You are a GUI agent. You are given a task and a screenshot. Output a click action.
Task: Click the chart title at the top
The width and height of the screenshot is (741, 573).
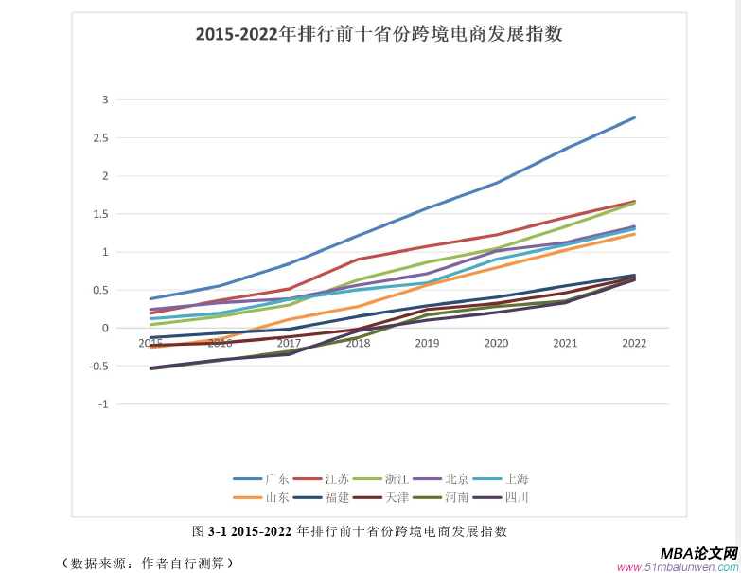[x=379, y=35]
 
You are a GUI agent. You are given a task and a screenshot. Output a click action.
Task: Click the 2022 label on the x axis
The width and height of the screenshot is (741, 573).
[x=634, y=343]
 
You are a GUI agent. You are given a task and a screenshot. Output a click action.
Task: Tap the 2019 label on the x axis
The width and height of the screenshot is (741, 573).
[x=427, y=343]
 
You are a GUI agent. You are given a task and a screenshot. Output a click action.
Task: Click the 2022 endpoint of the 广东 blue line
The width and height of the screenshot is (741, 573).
[x=634, y=117]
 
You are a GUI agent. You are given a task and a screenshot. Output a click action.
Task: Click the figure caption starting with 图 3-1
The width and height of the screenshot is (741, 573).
[x=350, y=531]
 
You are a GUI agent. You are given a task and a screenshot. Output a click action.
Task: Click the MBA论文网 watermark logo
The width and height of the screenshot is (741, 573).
[x=697, y=553]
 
